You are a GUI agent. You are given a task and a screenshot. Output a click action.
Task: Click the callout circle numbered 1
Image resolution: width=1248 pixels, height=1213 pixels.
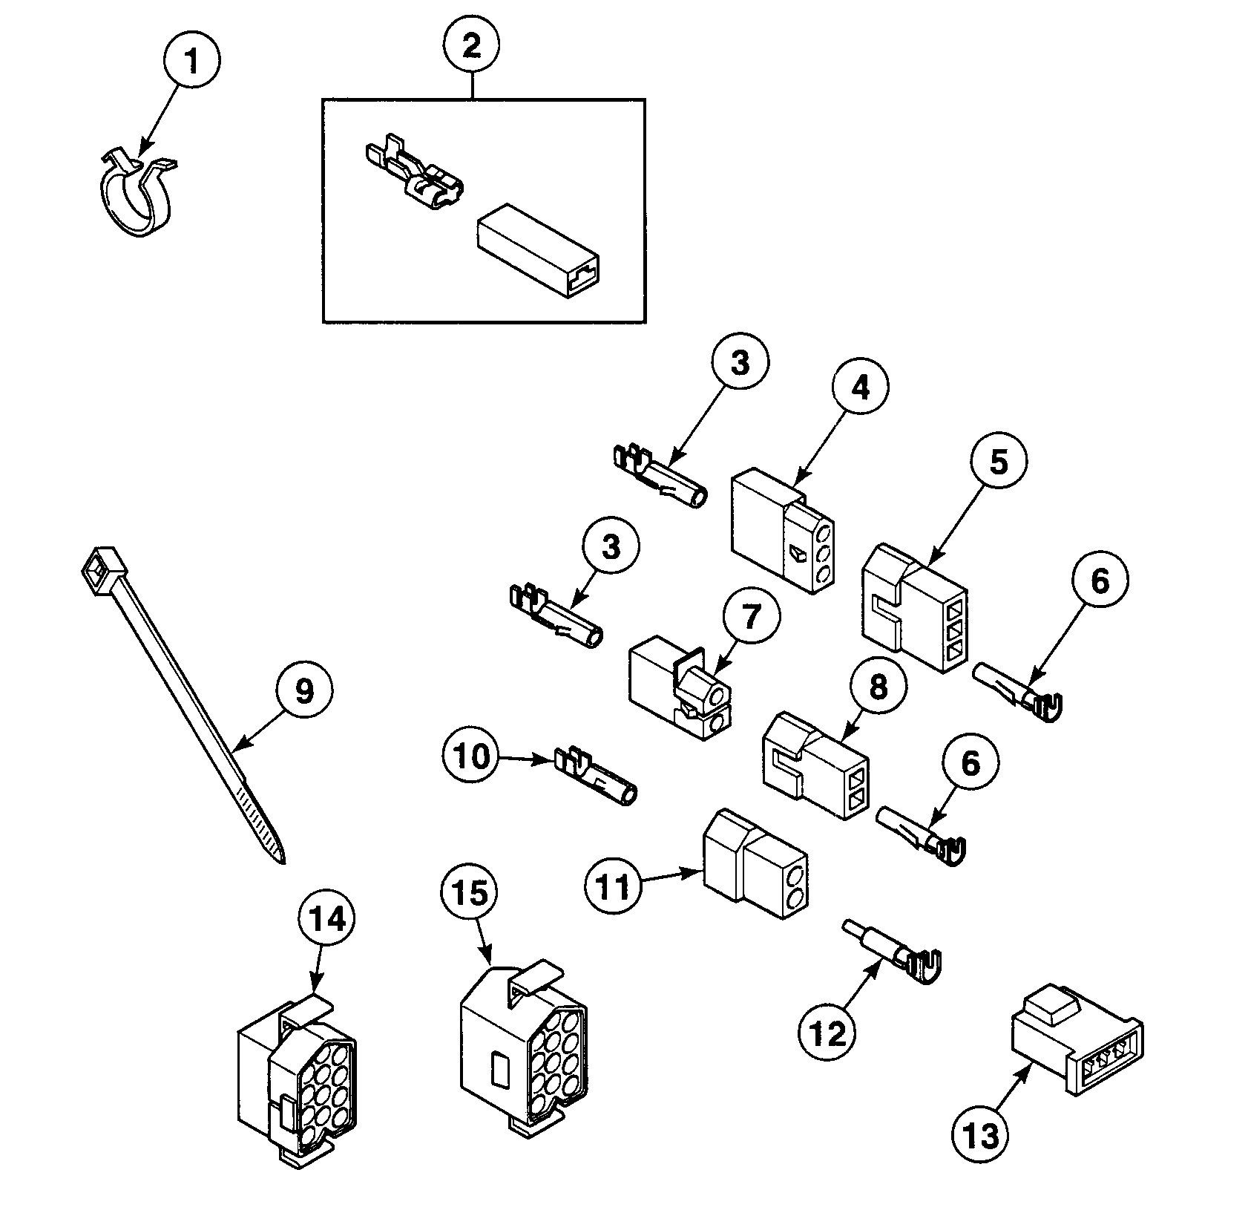click(191, 62)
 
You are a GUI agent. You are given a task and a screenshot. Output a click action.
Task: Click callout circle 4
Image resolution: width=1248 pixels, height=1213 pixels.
click(858, 388)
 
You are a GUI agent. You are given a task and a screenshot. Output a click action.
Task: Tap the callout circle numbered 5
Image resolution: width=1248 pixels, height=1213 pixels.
click(999, 462)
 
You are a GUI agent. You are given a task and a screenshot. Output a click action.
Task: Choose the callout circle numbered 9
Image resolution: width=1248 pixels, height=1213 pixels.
click(304, 691)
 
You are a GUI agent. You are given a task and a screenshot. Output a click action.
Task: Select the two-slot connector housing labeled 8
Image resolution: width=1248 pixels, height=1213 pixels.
click(815, 767)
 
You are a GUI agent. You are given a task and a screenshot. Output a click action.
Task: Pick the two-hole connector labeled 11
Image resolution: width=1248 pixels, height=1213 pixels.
click(755, 865)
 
